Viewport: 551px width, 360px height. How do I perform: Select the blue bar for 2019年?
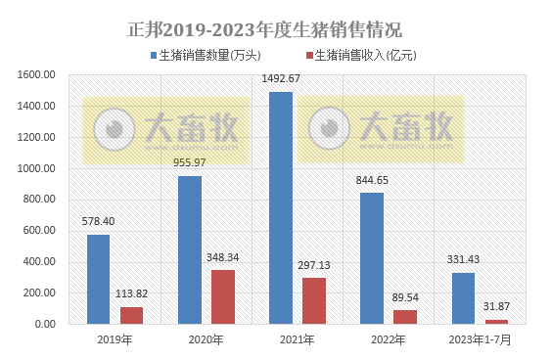click(x=98, y=279)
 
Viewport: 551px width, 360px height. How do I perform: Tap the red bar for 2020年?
click(x=223, y=296)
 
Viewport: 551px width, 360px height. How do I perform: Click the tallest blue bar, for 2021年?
click(x=281, y=207)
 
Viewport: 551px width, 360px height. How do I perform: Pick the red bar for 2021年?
click(x=314, y=300)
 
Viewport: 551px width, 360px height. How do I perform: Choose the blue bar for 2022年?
click(x=372, y=257)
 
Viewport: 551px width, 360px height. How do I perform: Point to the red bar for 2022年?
click(x=405, y=316)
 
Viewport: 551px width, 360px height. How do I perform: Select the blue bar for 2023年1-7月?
click(x=463, y=297)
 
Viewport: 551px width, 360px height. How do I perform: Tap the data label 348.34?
click(x=223, y=257)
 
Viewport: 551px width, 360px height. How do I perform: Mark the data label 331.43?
click(x=463, y=259)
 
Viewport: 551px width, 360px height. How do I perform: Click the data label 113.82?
click(x=132, y=294)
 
